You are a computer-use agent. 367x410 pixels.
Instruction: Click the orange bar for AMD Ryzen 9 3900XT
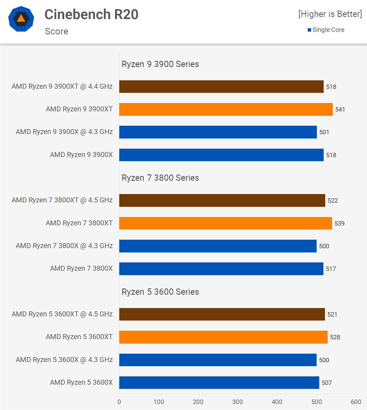pyautogui.click(x=226, y=109)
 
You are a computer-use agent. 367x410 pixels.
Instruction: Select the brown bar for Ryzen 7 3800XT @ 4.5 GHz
pyautogui.click(x=222, y=200)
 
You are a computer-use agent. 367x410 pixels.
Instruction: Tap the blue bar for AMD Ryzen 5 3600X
pyautogui.click(x=219, y=382)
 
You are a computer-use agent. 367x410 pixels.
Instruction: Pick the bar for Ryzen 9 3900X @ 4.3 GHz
pyautogui.click(x=218, y=132)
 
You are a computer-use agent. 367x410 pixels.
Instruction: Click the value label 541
pyautogui.click(x=340, y=110)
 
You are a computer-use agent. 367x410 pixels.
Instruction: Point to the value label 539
pyautogui.click(x=339, y=224)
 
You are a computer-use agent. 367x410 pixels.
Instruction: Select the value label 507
pyautogui.click(x=327, y=383)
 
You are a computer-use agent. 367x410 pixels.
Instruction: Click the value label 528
pyautogui.click(x=335, y=337)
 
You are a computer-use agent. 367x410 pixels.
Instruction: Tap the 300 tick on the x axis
pyautogui.click(x=238, y=402)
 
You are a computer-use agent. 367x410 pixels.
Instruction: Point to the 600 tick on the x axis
pyautogui.click(x=356, y=402)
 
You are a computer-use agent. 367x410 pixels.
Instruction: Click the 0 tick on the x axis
pyautogui.click(x=119, y=402)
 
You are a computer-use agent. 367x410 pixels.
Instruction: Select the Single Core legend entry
pyautogui.click(x=326, y=30)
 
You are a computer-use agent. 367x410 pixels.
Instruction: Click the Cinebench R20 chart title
pyautogui.click(x=91, y=14)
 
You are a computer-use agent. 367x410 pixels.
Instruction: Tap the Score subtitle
pyautogui.click(x=57, y=31)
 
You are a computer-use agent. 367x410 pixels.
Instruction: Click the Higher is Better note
pyautogui.click(x=330, y=14)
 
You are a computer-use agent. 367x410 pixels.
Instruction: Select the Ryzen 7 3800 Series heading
pyautogui.click(x=160, y=178)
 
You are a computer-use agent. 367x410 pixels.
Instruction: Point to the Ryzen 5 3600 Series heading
pyautogui.click(x=160, y=292)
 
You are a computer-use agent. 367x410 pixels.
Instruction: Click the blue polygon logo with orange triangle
pyautogui.click(x=21, y=19)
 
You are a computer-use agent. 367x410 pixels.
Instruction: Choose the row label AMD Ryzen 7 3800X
pyautogui.click(x=81, y=268)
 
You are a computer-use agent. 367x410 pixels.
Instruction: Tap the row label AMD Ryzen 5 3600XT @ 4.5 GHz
pyautogui.click(x=62, y=314)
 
